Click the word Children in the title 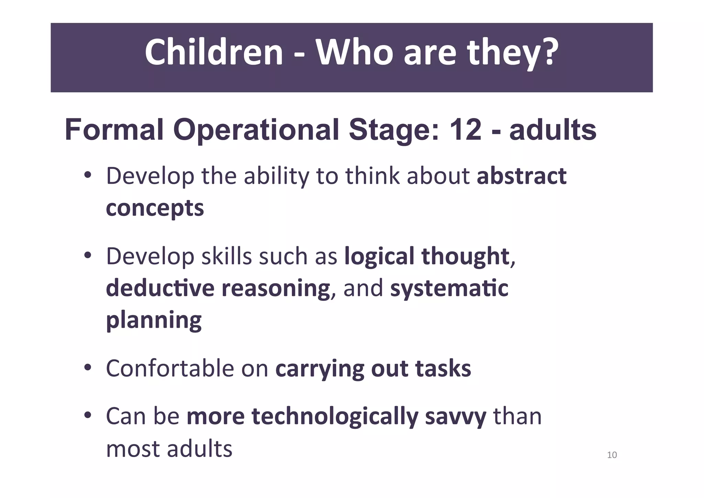(213, 53)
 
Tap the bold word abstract (521, 176)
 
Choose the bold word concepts (155, 208)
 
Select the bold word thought (465, 256)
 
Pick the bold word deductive (160, 288)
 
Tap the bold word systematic (449, 288)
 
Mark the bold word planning (154, 320)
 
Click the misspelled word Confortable (170, 368)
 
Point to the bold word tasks (443, 368)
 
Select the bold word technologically (335, 416)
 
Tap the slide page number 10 (612, 455)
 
